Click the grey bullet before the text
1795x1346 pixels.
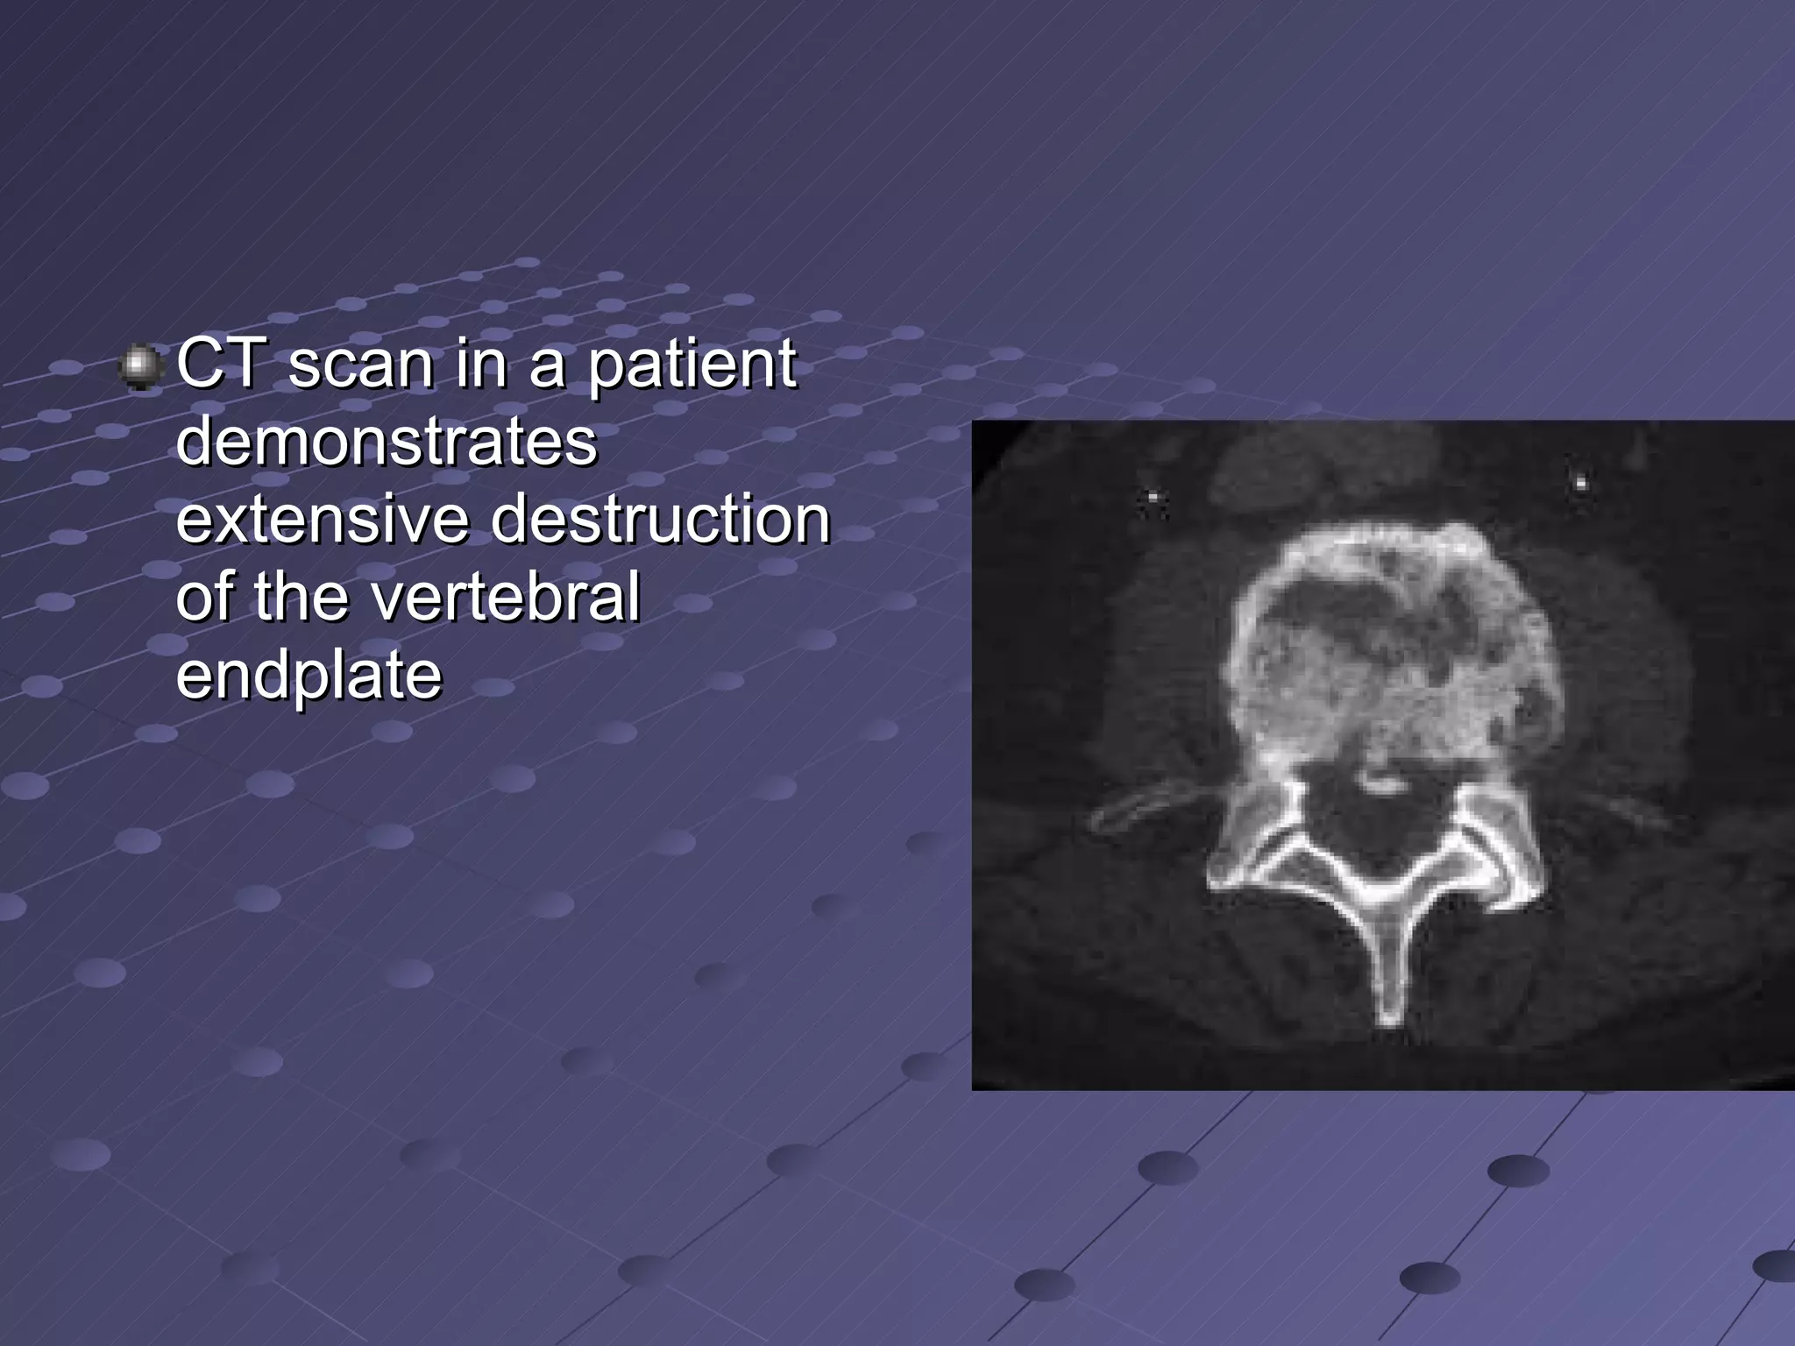(x=139, y=366)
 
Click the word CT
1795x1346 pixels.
(x=219, y=364)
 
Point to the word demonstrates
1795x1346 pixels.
(x=387, y=442)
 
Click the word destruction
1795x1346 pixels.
(x=660, y=520)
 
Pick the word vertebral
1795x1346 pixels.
(x=506, y=597)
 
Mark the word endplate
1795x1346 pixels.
(x=309, y=677)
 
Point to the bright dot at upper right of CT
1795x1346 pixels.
(x=1581, y=481)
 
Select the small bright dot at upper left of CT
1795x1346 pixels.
(x=1153, y=499)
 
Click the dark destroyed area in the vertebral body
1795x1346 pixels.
(x=1341, y=613)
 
